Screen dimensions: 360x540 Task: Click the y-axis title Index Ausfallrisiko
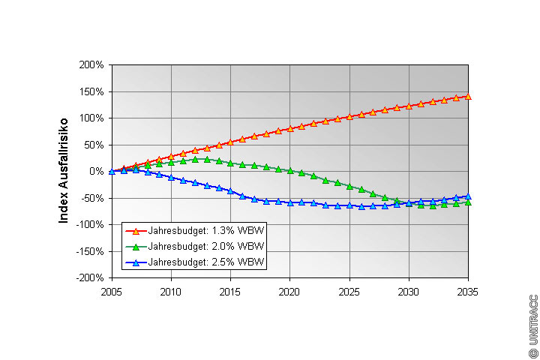click(64, 169)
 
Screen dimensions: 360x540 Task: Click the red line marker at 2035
click(469, 96)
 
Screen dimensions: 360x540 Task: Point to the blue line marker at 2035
click(469, 196)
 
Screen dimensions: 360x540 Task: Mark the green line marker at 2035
click(469, 202)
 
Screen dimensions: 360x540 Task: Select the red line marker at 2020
click(290, 128)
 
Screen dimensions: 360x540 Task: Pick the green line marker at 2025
click(349, 185)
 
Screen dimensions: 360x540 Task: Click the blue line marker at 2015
click(231, 191)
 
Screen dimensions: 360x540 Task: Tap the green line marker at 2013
click(207, 159)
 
